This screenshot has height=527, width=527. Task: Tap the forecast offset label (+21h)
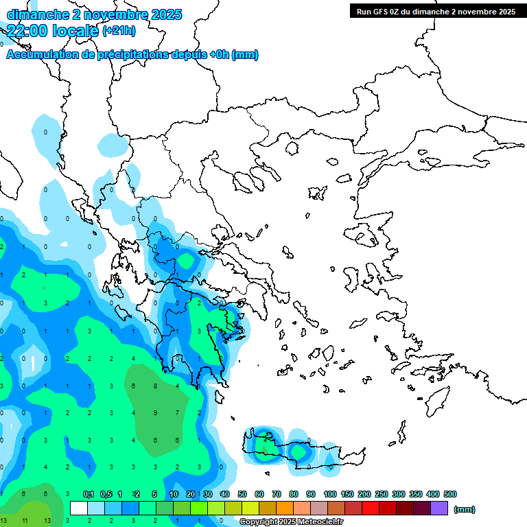[119, 30]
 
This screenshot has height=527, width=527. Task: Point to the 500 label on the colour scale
[450, 494]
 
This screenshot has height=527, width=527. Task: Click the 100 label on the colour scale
[329, 494]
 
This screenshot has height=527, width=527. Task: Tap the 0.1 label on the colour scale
[88, 494]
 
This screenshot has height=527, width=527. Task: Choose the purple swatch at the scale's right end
[439, 508]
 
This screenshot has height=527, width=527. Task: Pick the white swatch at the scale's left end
[79, 508]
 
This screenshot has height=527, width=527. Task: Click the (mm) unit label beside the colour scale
[465, 509]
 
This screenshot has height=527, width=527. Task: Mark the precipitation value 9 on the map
[156, 412]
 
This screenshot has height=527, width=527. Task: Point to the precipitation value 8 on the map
[156, 386]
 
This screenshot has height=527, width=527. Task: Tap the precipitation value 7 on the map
[178, 412]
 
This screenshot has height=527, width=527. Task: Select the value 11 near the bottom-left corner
[24, 521]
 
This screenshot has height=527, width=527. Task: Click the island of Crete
[302, 454]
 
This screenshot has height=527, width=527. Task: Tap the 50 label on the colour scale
[242, 494]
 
